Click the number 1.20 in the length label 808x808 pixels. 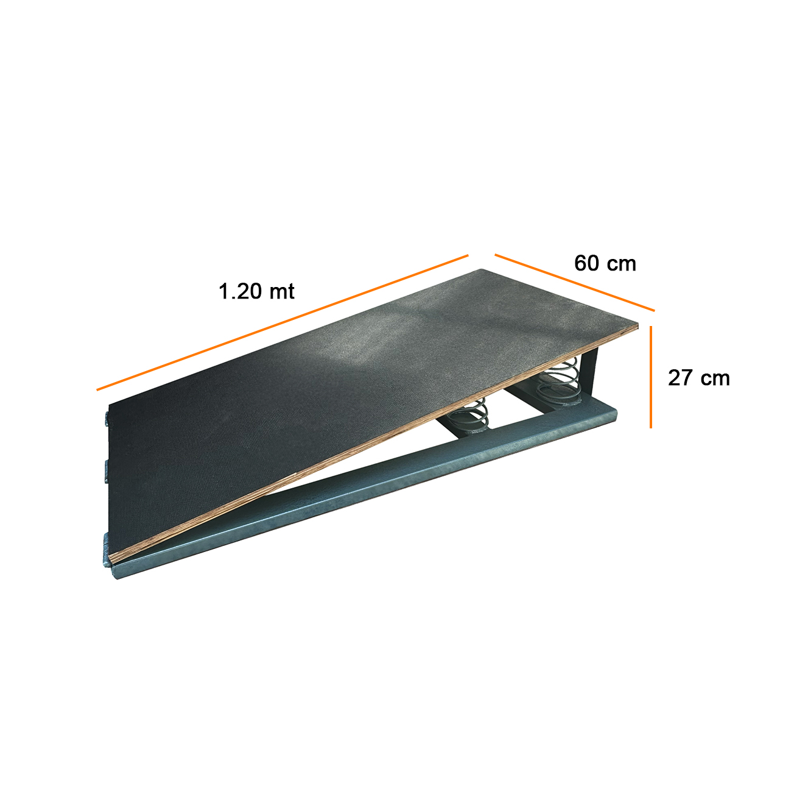(239, 291)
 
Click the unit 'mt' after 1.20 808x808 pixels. (282, 292)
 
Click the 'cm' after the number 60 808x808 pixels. (622, 265)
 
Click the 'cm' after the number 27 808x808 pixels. (716, 380)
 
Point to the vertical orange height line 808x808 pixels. (651, 377)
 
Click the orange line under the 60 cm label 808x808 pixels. (574, 282)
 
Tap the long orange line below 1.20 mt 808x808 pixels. (282, 322)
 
